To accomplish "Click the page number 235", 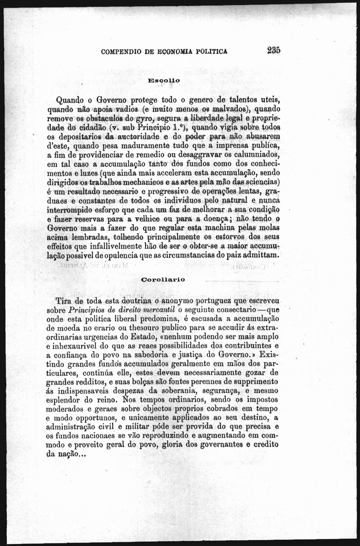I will (x=273, y=50).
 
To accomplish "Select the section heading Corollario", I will (x=163, y=280).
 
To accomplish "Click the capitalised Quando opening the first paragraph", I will (x=71, y=98).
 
